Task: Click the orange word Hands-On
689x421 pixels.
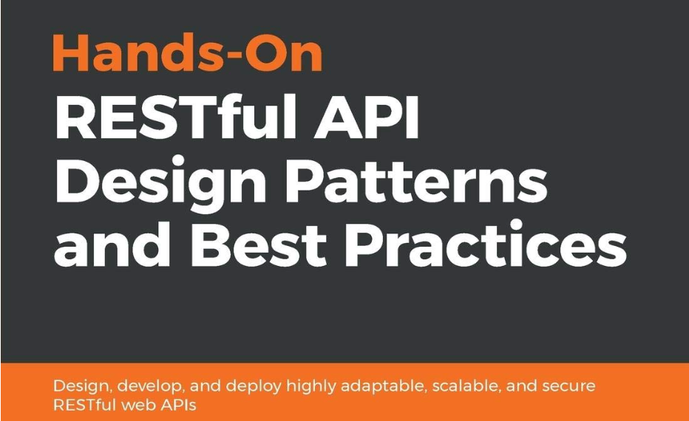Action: (188, 52)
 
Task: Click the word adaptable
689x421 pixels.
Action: (383, 387)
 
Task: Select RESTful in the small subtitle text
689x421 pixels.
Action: (84, 404)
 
